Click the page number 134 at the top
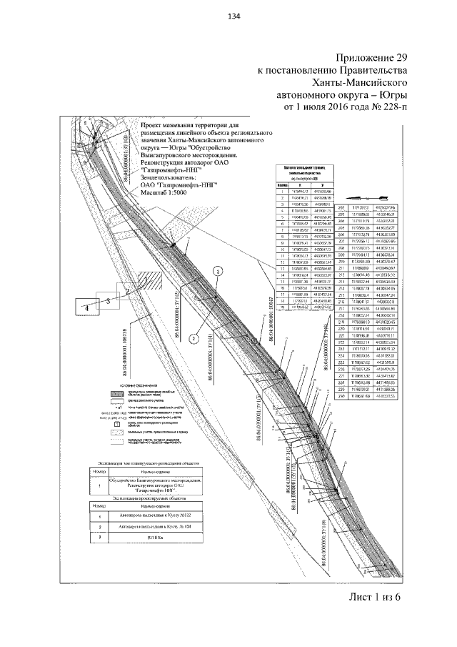pos(233,18)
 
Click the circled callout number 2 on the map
pos(194,340)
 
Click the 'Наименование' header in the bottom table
pos(158,504)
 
